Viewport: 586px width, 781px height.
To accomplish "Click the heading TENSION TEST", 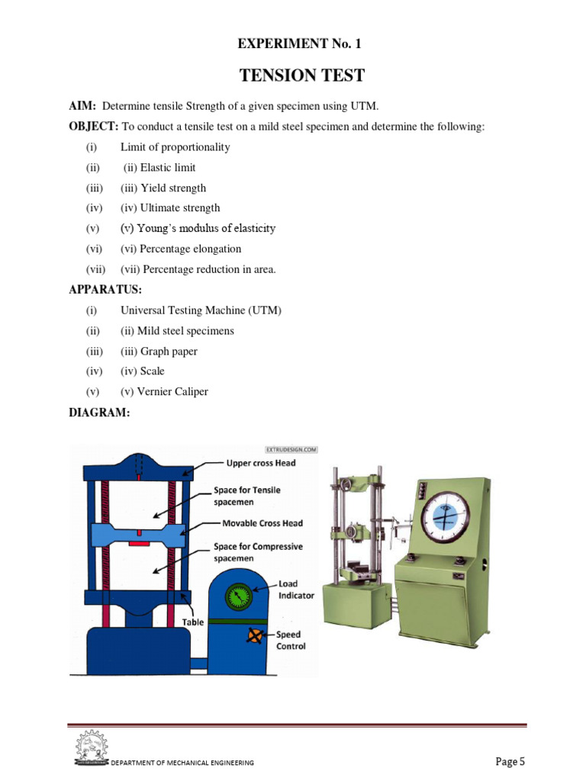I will [x=302, y=76].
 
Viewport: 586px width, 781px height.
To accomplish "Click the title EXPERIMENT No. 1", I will [x=299, y=43].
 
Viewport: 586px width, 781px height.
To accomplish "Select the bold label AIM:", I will [x=82, y=106].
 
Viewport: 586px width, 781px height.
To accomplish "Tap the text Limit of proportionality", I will [x=175, y=147].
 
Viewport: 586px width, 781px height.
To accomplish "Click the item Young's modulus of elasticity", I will [x=198, y=228].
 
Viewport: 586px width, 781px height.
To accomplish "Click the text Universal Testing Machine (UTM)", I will [x=201, y=310].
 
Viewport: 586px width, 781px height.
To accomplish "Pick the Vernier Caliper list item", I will [x=164, y=391].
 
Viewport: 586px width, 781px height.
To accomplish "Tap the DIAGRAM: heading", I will [x=99, y=412].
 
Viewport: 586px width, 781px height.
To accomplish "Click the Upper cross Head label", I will [x=261, y=463].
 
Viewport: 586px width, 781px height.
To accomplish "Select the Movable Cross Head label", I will [x=262, y=523].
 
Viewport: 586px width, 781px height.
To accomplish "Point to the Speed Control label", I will [x=290, y=640].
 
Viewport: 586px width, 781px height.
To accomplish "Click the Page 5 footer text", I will [x=510, y=761].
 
